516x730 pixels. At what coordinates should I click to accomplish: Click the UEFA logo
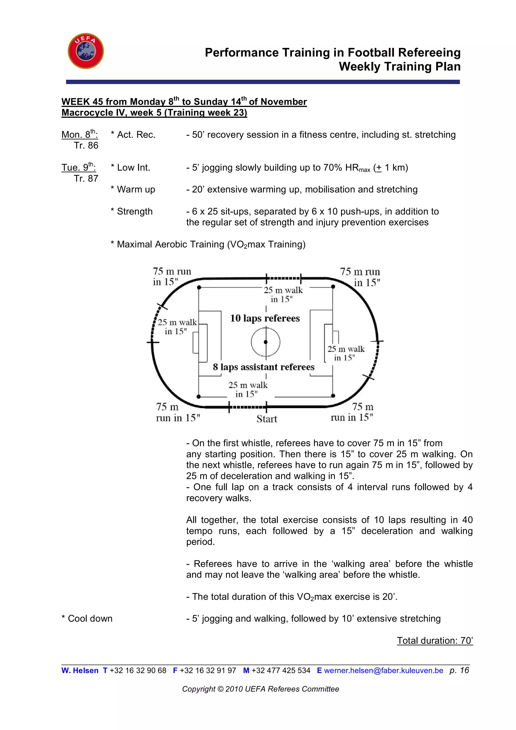click(86, 51)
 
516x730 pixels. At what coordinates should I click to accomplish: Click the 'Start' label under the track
click(267, 419)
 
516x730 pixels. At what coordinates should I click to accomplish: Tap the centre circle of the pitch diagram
click(266, 342)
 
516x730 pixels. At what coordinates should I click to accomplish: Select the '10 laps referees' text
click(265, 318)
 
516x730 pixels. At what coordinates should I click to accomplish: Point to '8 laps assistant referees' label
click(263, 367)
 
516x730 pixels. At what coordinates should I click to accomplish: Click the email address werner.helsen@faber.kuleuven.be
click(383, 671)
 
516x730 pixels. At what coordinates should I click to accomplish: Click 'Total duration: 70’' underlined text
click(435, 640)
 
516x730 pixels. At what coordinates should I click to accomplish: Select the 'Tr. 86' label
click(86, 146)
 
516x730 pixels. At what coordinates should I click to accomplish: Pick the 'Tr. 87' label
click(86, 179)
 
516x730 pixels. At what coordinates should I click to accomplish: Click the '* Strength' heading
click(132, 211)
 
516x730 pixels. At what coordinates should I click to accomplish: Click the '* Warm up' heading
click(133, 190)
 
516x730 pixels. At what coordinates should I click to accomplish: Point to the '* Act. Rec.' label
click(133, 135)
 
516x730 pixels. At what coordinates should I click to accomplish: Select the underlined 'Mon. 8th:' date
click(79, 135)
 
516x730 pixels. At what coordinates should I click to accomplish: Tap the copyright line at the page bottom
click(261, 689)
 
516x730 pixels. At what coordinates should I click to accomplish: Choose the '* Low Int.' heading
click(130, 168)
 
